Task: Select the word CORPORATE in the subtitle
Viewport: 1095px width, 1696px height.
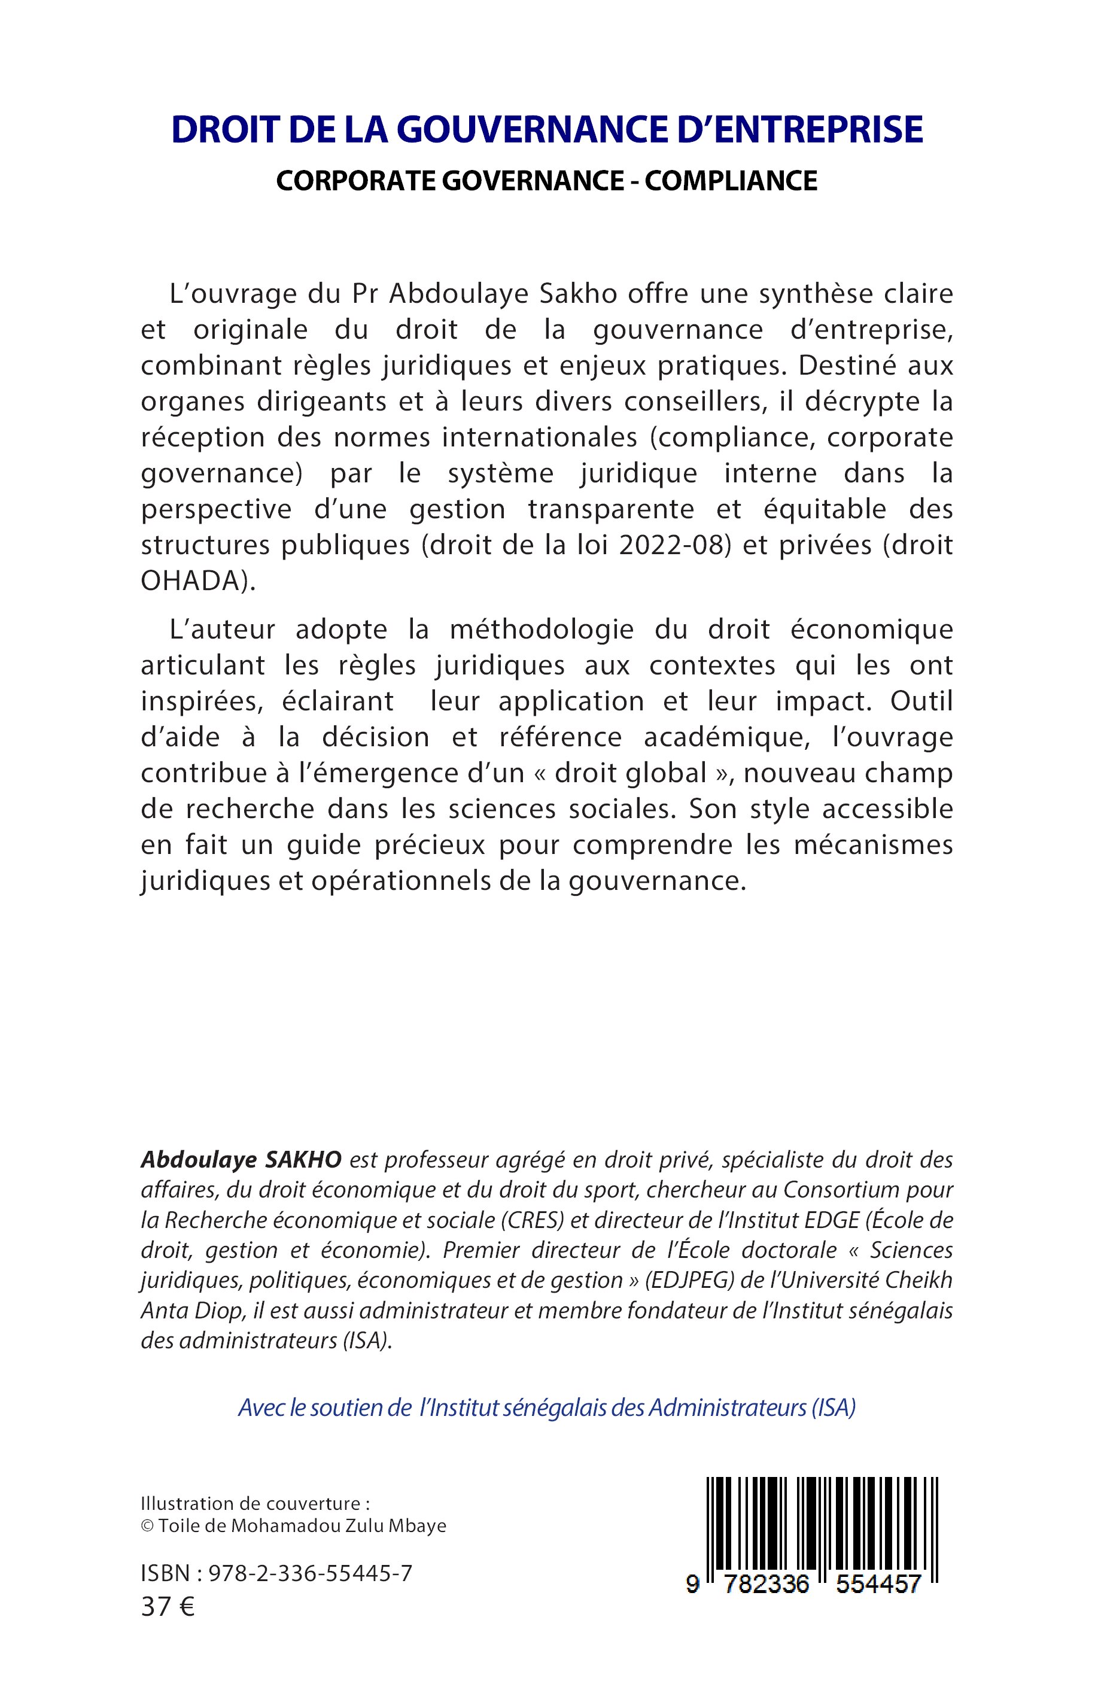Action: click(356, 181)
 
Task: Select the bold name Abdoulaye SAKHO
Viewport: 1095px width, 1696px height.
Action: click(241, 1160)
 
